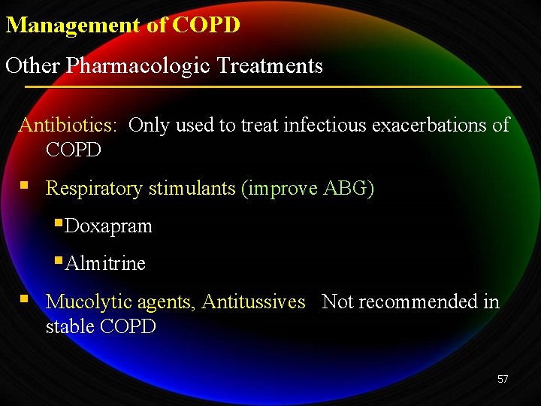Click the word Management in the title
pos(73,26)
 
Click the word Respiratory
pos(94,188)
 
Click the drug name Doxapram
pos(108,226)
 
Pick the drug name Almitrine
pos(105,264)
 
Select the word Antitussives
pos(253,302)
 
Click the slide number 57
pos(503,379)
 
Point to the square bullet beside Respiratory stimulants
pos(25,184)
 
